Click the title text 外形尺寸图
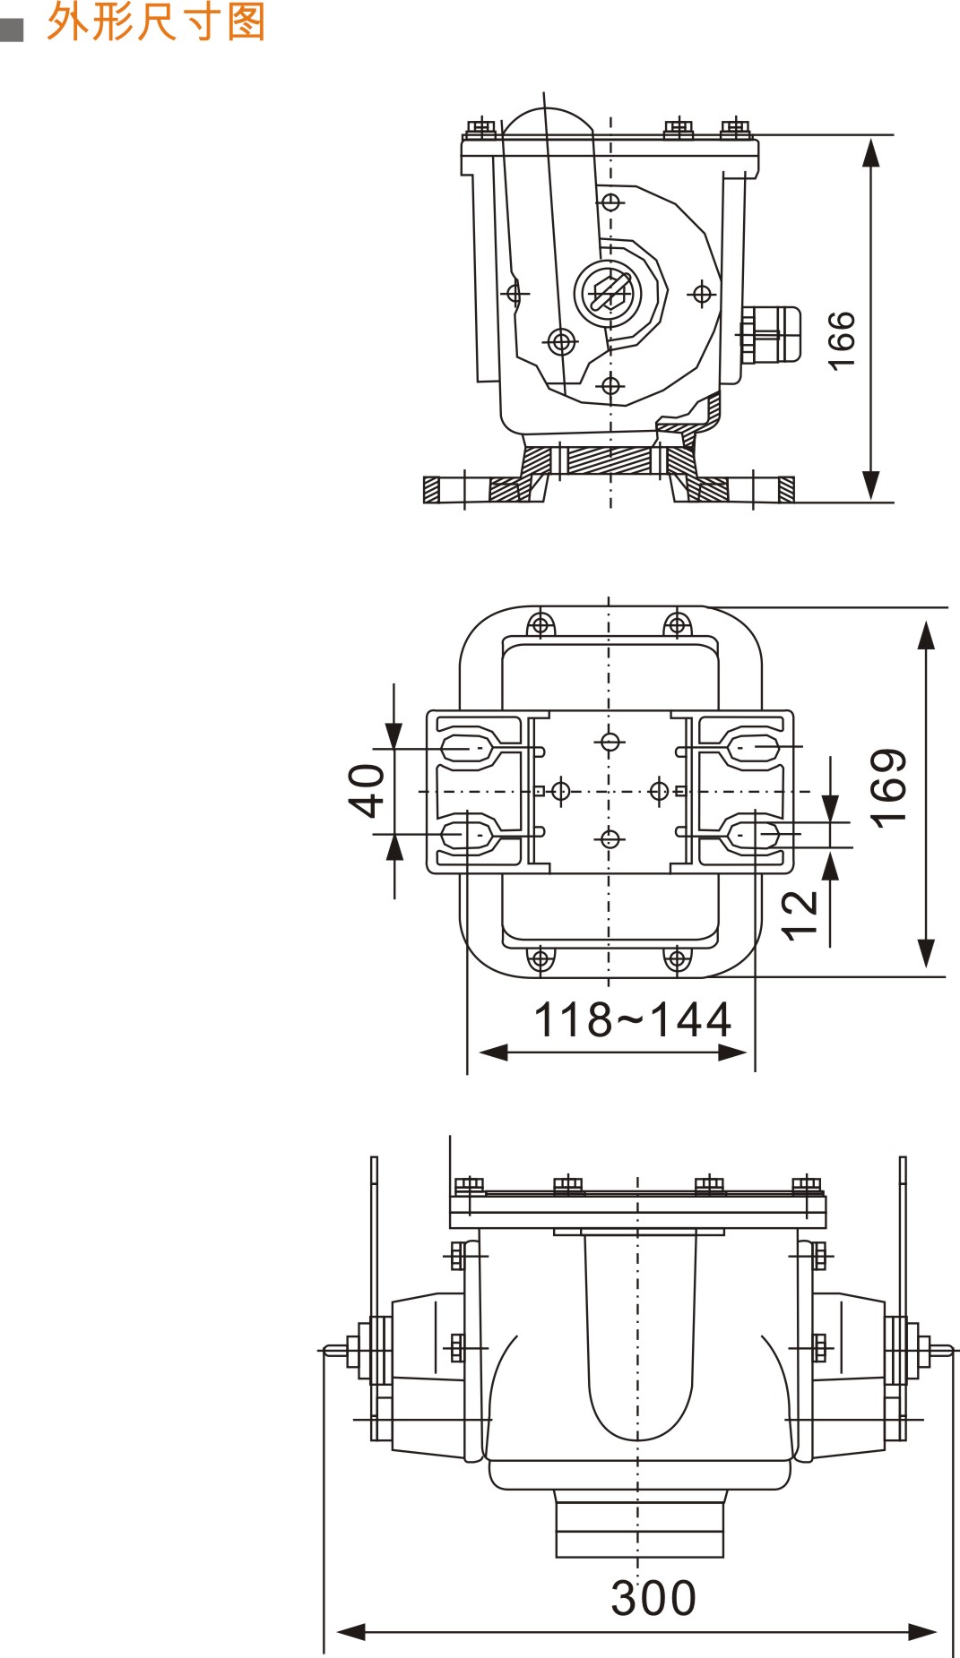coord(156,21)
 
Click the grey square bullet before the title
coord(12,30)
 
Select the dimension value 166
coord(842,340)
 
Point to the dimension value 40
coord(367,790)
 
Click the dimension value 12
coord(800,915)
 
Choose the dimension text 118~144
coord(632,1020)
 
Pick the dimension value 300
coord(653,1599)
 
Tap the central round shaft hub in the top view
coord(608,293)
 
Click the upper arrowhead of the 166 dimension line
coord(870,153)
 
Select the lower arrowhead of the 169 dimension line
coord(926,953)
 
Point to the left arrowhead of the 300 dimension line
coord(350,1632)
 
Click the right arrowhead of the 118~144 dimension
coord(733,1052)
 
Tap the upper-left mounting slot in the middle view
coord(466,747)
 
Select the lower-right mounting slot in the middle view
coord(754,836)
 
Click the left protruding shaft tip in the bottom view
coord(332,1349)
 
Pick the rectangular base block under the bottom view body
coord(639,1529)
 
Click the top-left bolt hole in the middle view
coord(541,624)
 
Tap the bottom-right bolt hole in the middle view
coord(677,959)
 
